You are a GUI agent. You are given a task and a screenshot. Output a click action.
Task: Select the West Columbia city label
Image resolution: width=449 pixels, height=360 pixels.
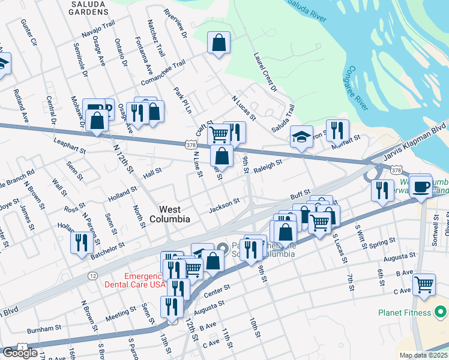click(175, 214)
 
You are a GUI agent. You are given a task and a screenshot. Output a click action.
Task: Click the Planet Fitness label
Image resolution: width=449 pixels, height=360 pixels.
click(405, 312)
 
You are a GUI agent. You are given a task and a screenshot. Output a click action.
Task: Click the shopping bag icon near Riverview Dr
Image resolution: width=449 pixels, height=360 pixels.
click(218, 43)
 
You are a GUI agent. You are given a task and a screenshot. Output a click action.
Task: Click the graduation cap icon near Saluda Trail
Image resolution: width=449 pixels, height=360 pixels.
click(301, 136)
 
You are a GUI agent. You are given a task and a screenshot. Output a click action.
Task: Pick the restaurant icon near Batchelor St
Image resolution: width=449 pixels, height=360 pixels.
click(80, 242)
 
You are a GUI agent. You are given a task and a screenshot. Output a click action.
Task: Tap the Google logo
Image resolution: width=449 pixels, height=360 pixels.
click(20, 353)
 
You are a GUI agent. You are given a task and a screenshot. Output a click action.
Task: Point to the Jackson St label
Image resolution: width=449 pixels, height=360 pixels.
click(224, 206)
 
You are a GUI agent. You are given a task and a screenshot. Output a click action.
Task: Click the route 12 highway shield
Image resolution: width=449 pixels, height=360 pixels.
click(92, 275)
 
